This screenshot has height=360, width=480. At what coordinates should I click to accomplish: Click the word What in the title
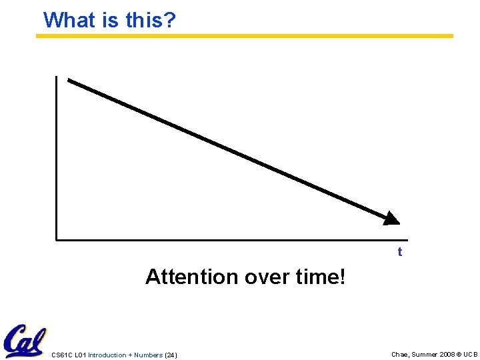point(70,20)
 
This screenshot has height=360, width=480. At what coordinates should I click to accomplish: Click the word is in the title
point(111,20)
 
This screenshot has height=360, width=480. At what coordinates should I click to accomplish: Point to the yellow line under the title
point(244,36)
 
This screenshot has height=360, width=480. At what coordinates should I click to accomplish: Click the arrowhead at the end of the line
point(391,218)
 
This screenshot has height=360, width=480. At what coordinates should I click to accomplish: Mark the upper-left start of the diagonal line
point(69,81)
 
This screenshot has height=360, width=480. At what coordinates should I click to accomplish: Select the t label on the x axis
point(400,252)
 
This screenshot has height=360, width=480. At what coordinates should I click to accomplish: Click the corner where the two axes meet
point(57,239)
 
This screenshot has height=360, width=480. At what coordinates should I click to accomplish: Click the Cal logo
point(24,341)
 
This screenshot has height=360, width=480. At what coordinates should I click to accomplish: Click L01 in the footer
point(80,355)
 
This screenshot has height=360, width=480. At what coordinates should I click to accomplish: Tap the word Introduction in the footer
point(107,355)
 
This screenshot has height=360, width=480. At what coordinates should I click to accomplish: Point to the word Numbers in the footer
point(147,355)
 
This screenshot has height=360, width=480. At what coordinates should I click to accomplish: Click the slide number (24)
point(171,355)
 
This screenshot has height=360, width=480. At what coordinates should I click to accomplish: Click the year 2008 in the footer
point(446,355)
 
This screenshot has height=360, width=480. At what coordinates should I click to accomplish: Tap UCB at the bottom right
point(471,355)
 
